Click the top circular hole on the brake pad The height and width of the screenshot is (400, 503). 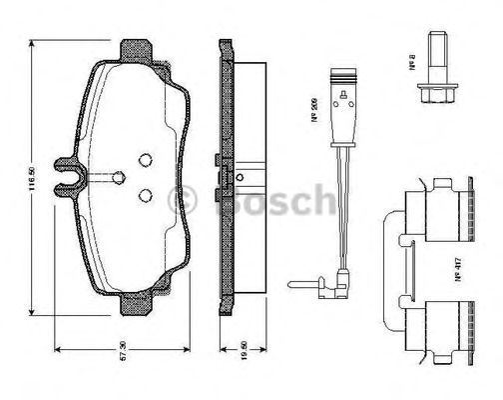(143, 158)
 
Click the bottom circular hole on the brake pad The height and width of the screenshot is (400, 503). (143, 196)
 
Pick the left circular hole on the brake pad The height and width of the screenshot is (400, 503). (119, 178)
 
